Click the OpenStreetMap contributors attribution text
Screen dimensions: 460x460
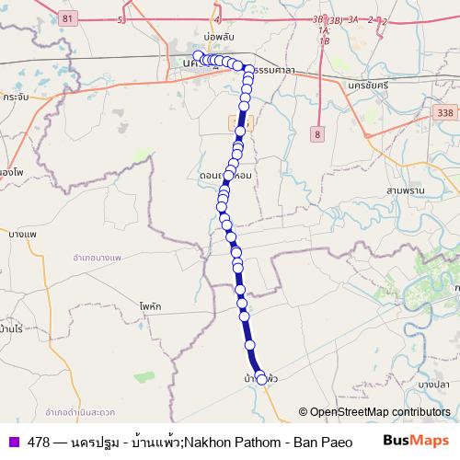(x=374, y=413)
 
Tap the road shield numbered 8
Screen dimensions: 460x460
(x=317, y=133)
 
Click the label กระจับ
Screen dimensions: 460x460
(x=16, y=96)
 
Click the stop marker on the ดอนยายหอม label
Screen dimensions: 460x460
(x=228, y=173)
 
